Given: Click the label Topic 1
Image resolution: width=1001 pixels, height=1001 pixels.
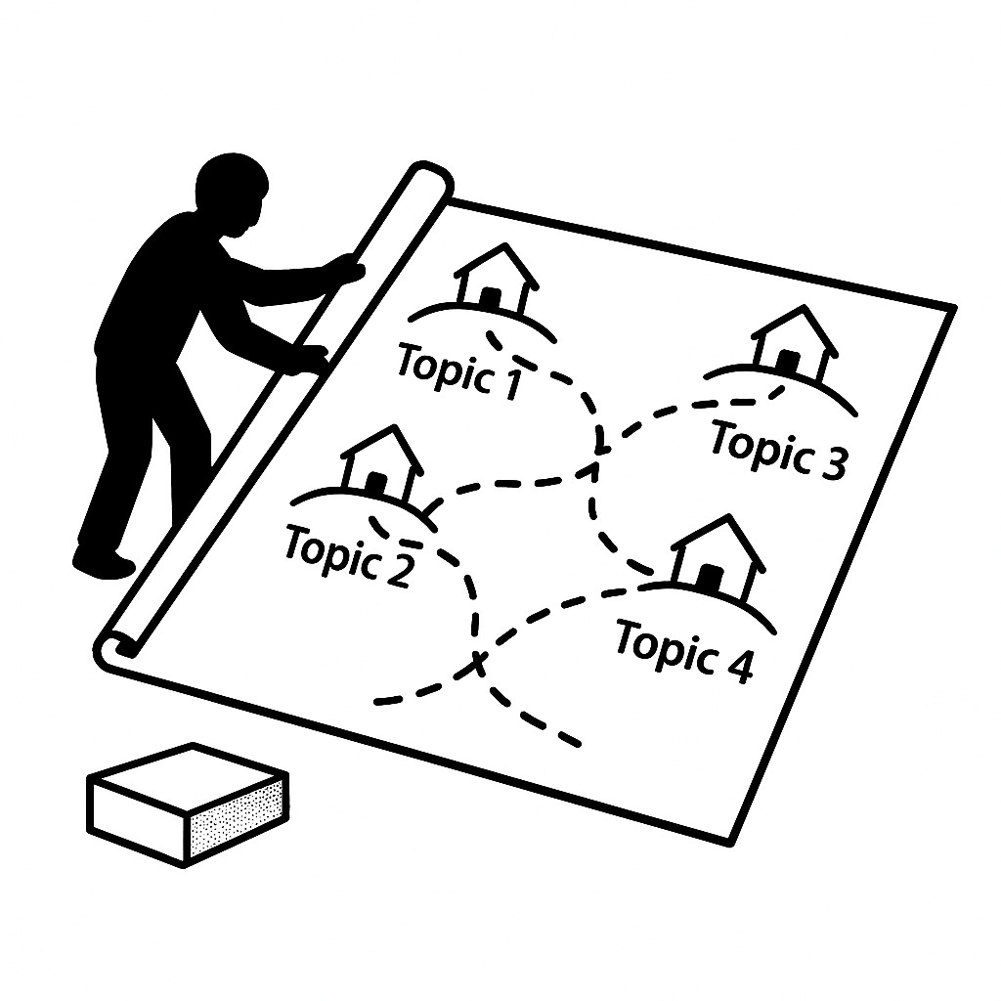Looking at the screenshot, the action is [458, 371].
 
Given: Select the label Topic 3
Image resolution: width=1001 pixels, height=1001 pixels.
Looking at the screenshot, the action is [778, 449].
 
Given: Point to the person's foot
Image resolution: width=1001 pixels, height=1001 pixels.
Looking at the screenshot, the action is [104, 562].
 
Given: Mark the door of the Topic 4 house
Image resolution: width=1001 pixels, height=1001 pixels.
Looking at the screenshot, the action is [711, 578].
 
